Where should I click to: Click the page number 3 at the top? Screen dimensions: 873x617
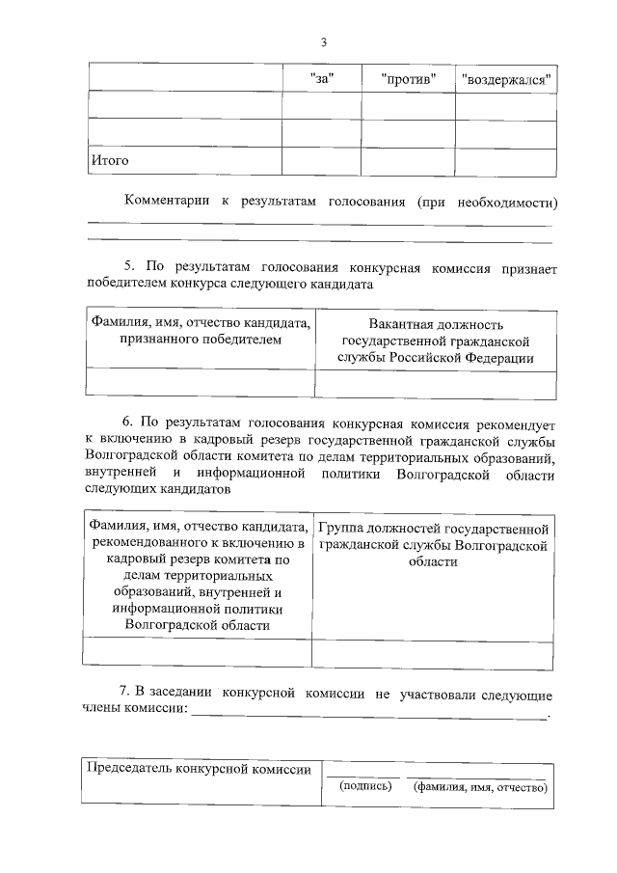[x=324, y=41]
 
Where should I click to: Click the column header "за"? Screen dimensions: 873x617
[x=321, y=78]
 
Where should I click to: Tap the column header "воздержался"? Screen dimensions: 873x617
[x=506, y=78]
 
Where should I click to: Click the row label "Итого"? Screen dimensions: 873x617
[x=109, y=160]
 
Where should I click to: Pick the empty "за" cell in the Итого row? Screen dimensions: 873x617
[x=321, y=161]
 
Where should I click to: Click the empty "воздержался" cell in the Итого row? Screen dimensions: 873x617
[x=506, y=161]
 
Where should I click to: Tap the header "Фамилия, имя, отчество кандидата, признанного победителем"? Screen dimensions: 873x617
[x=201, y=332]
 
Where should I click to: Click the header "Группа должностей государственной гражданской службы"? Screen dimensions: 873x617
[x=434, y=545]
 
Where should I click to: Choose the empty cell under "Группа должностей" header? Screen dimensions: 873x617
[x=434, y=652]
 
